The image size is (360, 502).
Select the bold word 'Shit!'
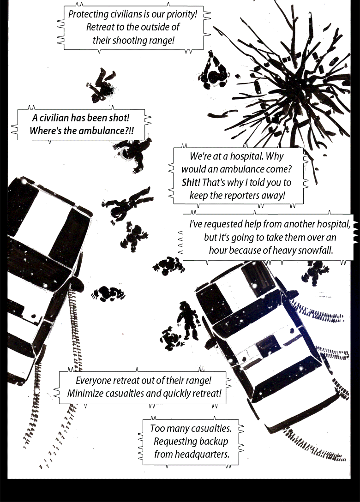(x=191, y=183)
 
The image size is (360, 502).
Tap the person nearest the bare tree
(x=213, y=72)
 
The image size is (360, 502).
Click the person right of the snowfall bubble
(x=315, y=272)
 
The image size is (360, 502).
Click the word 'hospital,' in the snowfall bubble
(x=334, y=224)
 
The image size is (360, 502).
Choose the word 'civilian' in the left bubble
(x=54, y=118)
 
